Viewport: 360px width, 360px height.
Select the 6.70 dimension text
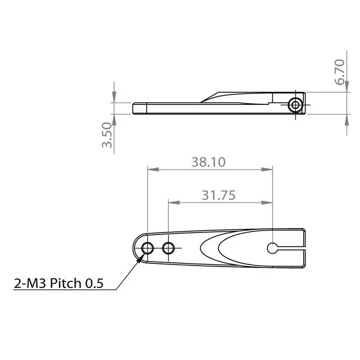point(340,72)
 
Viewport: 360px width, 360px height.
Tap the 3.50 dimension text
point(107,137)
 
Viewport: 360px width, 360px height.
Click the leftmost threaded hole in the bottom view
point(147,247)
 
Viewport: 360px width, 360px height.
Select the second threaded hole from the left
point(169,247)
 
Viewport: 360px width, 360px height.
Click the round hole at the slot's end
point(273,247)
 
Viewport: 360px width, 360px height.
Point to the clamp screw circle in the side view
point(295,105)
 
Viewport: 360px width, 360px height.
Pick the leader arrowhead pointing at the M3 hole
point(141,258)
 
